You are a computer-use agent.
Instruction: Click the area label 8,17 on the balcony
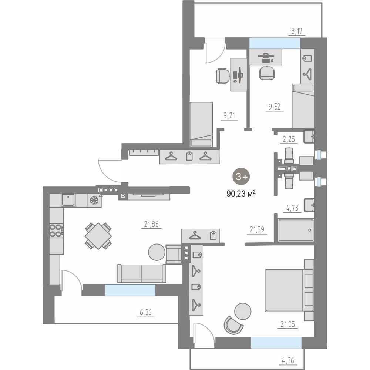pos(297,31)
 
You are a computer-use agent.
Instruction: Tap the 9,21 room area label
pos(229,115)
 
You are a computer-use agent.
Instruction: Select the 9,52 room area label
pos(275,107)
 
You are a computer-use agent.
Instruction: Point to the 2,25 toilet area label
pos(289,139)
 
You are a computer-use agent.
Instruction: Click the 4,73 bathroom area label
pos(292,208)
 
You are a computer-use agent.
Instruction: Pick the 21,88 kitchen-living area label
pos(151,224)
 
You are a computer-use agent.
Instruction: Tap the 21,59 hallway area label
pos(257,229)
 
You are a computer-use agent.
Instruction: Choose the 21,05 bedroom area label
pos(287,324)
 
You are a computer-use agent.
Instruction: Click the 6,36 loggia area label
pos(145,313)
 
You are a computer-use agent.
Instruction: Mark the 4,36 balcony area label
pos(288,360)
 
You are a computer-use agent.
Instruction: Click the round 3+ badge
pos(241,176)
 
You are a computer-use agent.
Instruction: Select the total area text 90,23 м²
pos(241,194)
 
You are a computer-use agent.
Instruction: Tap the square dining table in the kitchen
pos(98,236)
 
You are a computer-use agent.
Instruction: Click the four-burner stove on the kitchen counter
pos(56,231)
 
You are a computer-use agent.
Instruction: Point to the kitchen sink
pos(68,200)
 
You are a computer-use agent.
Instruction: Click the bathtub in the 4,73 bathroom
pos(296,230)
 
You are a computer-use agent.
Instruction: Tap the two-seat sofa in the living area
pos(142,273)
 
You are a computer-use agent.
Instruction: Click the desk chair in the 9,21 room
pos(223,76)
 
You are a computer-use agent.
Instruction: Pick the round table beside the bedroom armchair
pos(243,311)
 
